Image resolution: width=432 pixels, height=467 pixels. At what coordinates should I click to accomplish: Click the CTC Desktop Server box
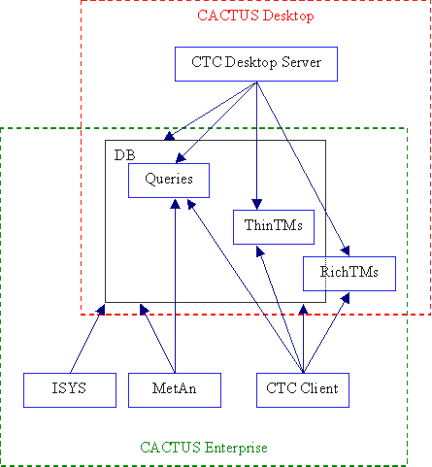[x=256, y=64]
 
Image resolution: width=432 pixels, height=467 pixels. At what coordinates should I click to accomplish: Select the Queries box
[x=169, y=181]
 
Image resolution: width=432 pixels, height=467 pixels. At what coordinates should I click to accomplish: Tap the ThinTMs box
[x=274, y=227]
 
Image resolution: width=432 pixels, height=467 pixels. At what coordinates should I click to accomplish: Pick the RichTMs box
[x=349, y=274]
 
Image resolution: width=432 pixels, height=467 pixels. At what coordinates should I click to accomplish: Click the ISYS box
[x=70, y=390]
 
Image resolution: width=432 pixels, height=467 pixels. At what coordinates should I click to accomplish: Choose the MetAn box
[x=175, y=390]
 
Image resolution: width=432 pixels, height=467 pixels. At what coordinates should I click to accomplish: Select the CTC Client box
[x=303, y=390]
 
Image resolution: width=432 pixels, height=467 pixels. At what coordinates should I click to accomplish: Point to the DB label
[x=124, y=155]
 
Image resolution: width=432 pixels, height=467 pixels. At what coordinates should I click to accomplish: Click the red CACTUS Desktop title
[x=255, y=16]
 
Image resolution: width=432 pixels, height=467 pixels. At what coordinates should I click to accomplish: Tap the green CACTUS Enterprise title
[x=204, y=448]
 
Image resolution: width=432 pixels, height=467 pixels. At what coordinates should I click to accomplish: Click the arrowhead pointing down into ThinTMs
[x=256, y=205]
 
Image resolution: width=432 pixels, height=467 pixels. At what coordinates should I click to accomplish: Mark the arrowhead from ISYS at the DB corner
[x=101, y=310]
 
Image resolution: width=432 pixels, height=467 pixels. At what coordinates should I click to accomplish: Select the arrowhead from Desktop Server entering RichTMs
[x=346, y=251]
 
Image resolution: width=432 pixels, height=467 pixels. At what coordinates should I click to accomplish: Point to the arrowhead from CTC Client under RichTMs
[x=346, y=298]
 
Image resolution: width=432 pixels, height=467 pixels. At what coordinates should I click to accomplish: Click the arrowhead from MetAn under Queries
[x=175, y=204]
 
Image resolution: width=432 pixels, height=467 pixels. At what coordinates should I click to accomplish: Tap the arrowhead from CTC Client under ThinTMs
[x=260, y=251]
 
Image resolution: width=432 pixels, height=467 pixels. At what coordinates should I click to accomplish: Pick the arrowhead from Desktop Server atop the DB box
[x=170, y=136]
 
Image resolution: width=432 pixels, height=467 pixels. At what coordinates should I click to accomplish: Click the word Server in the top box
[x=301, y=62]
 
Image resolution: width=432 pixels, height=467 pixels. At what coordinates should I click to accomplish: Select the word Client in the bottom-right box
[x=319, y=388]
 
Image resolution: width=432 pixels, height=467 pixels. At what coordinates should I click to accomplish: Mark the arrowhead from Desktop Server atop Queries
[x=181, y=158]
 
